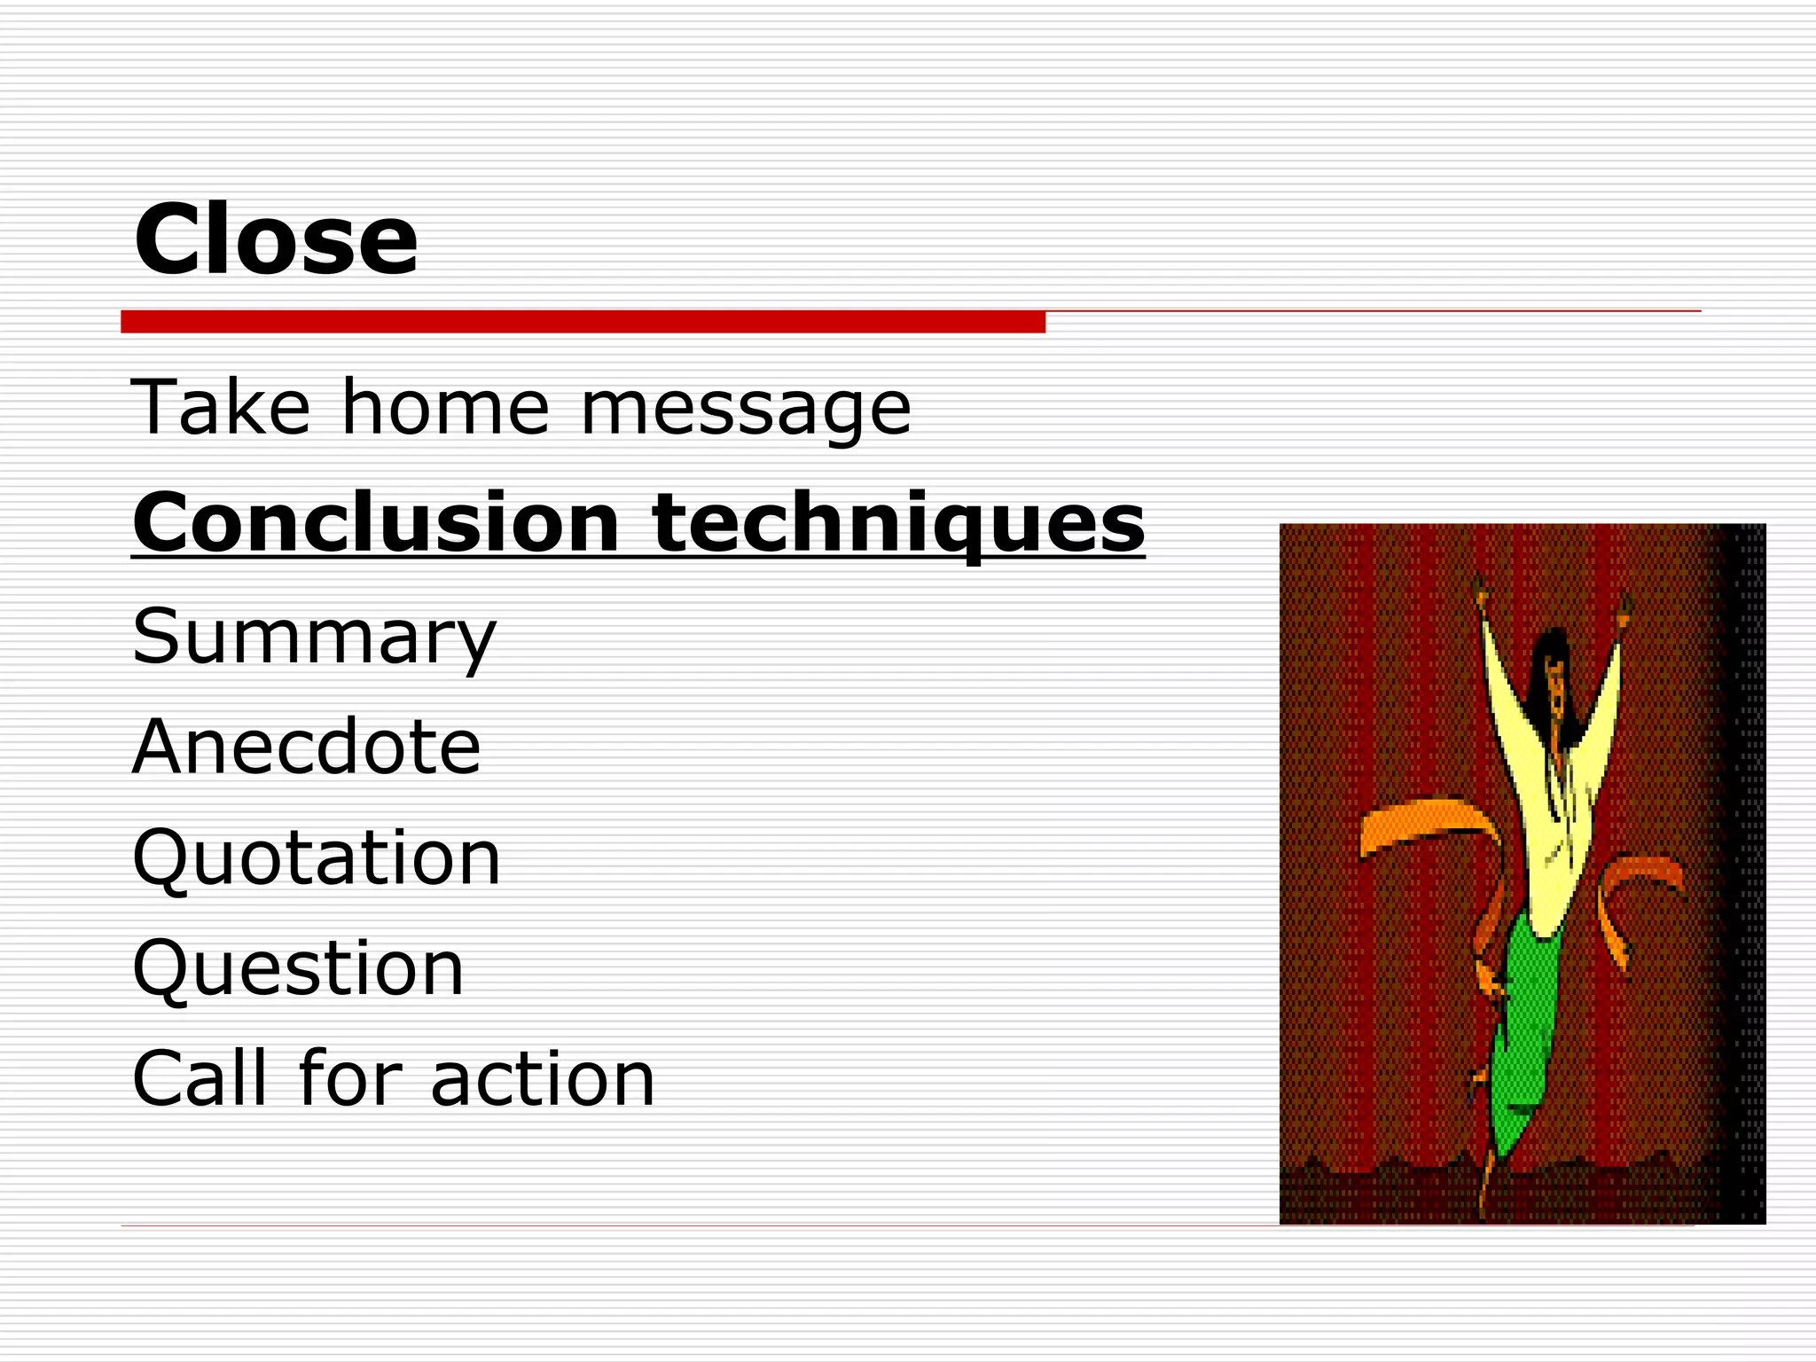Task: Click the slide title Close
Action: click(275, 239)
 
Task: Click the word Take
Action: click(220, 408)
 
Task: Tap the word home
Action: click(445, 408)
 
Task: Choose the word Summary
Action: click(314, 637)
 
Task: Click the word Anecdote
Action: click(306, 747)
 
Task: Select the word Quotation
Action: click(317, 858)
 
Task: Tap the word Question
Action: click(298, 968)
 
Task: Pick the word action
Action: click(543, 1080)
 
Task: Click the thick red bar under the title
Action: click(583, 322)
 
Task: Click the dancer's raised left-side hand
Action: click(1479, 594)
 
